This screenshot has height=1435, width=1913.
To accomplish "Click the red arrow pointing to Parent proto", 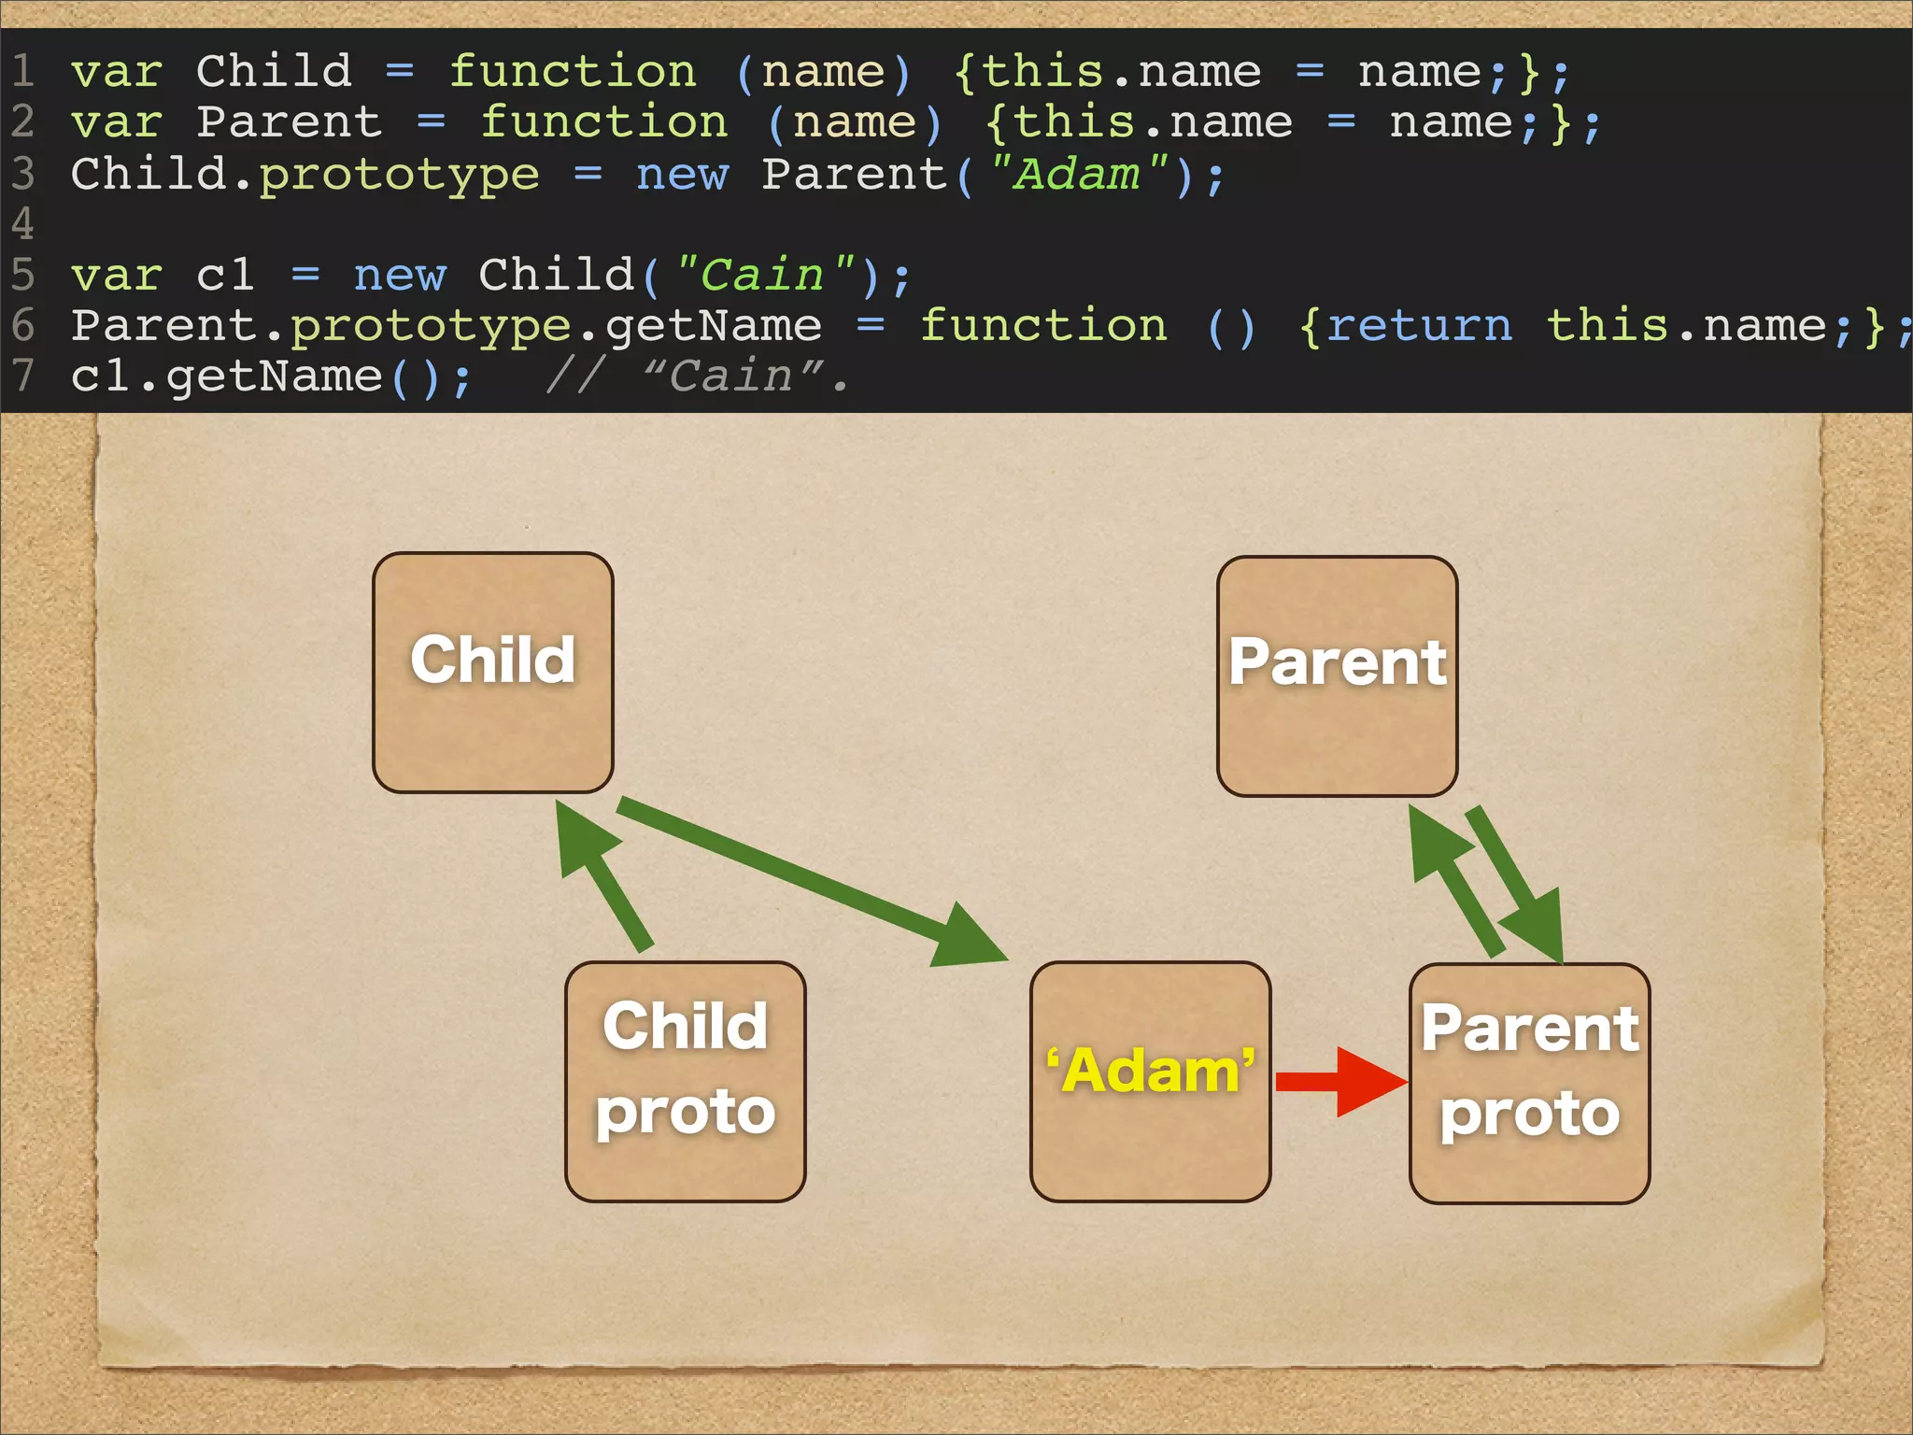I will click(x=1340, y=1082).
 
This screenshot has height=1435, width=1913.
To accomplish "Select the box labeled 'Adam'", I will click(x=1150, y=1081).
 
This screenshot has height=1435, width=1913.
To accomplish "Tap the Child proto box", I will click(x=685, y=1081).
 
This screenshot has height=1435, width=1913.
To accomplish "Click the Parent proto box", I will click(x=1529, y=1083).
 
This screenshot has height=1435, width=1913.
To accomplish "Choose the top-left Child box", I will click(x=492, y=672).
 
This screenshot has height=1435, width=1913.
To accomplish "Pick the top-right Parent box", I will click(x=1337, y=675).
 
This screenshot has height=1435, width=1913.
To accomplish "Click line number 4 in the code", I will click(x=22, y=224).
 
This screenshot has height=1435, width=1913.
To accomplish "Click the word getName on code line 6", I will click(x=713, y=325).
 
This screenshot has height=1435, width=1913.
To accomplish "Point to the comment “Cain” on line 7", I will click(x=733, y=376).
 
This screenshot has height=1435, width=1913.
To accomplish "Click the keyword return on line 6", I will click(x=1418, y=325).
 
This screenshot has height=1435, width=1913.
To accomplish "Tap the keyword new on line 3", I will click(x=681, y=174).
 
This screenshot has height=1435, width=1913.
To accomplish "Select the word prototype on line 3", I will click(x=399, y=174).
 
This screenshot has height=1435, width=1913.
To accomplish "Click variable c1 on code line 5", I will click(x=225, y=275).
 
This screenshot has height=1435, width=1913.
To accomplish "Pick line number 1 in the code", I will click(x=22, y=72).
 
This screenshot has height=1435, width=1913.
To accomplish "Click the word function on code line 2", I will click(x=603, y=122).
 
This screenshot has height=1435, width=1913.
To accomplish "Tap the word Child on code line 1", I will click(x=274, y=72).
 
